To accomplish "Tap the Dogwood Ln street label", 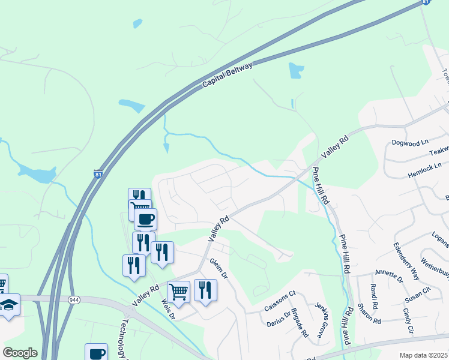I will (x=410, y=142).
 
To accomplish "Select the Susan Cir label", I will (x=418, y=293).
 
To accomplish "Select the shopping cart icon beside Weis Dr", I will (x=178, y=292).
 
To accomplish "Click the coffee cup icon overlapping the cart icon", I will (x=145, y=218).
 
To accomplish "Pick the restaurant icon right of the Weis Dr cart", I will (x=205, y=290).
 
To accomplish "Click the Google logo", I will (x=20, y=353).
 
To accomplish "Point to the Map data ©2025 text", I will (x=423, y=355).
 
